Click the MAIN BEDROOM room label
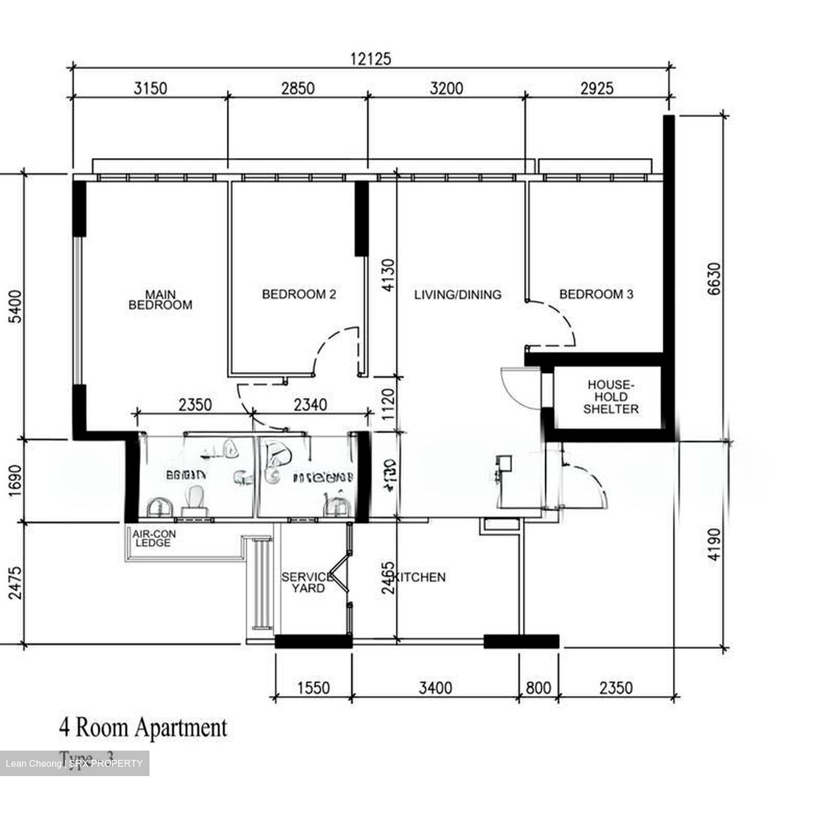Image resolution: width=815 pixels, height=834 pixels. (160, 300)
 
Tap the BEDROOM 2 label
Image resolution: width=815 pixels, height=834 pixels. (299, 294)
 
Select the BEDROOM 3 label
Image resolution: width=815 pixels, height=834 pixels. (596, 294)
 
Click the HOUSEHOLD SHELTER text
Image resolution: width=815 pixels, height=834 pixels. (611, 397)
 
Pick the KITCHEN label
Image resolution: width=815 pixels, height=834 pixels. (420, 577)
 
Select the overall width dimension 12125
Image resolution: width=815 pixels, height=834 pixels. (371, 59)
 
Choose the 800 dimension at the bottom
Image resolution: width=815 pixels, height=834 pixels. (538, 688)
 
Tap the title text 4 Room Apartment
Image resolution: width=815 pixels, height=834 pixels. (143, 727)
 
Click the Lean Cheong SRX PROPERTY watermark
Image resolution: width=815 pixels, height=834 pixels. (74, 763)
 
